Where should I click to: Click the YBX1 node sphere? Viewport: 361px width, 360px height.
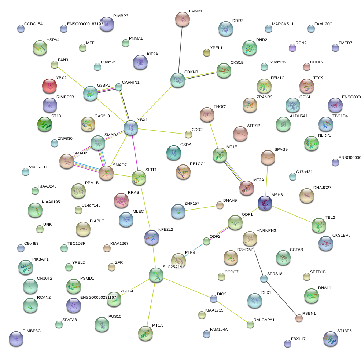pos(131,127)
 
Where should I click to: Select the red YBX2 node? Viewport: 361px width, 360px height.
pos(49,86)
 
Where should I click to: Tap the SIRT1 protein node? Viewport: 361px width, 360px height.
pos(139,177)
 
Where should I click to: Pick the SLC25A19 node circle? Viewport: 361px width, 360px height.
pos(156,275)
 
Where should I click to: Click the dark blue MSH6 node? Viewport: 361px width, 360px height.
pos(265,203)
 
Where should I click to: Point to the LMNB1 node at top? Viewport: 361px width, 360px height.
pos(183,19)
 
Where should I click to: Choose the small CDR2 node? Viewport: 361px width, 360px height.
pos(188,135)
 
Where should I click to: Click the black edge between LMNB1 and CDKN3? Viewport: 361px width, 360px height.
pos(180,50)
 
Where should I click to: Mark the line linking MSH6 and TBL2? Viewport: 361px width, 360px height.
pos(292,214)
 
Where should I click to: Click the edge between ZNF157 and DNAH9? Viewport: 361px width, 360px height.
pos(201,208)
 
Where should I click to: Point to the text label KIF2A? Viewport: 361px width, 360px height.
pos(152,54)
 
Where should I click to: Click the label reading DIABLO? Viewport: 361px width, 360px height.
pos(97,221)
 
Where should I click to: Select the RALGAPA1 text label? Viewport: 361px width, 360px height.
pos(264,320)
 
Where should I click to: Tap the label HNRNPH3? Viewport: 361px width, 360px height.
pos(266,230)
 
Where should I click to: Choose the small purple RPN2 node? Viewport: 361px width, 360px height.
pos(292,47)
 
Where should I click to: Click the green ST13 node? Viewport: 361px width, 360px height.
pos(45,124)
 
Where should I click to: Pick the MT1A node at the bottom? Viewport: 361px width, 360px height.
pos(145,333)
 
